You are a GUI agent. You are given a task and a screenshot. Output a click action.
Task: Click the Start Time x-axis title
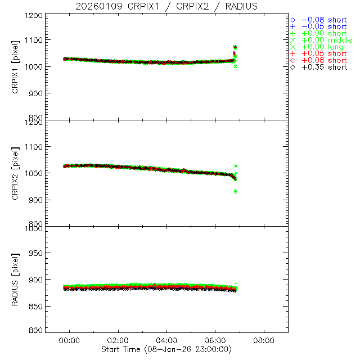click(167, 349)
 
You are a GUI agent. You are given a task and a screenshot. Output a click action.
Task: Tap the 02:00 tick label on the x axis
click(118, 340)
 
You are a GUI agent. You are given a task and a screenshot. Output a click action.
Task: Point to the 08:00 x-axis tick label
click(264, 340)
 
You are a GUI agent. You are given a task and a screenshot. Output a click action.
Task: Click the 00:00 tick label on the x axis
click(70, 340)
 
